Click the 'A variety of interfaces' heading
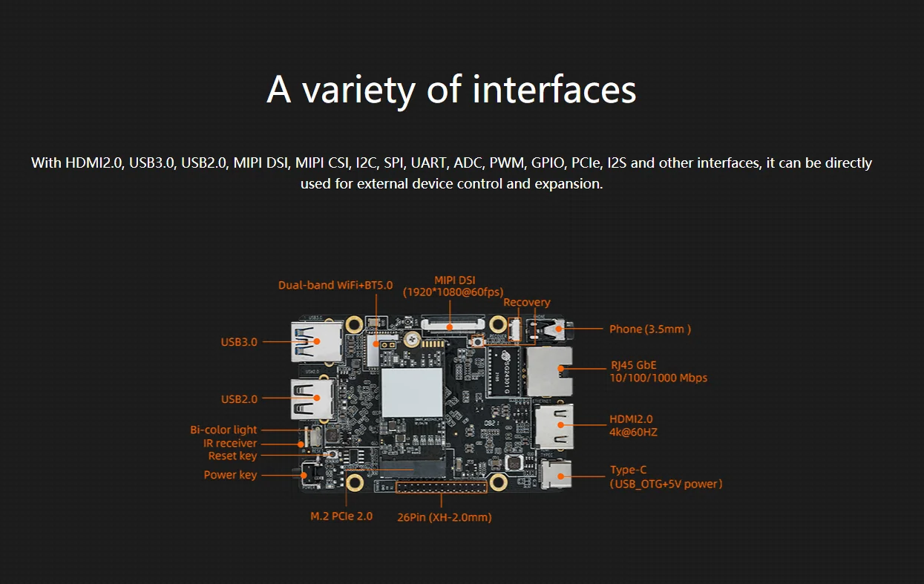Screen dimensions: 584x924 (x=451, y=90)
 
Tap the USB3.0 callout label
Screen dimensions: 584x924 (x=239, y=342)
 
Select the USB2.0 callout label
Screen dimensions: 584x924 (x=239, y=399)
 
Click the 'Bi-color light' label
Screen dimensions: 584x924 (x=223, y=430)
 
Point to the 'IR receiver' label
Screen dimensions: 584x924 (x=230, y=443)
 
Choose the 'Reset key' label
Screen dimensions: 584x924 (x=232, y=456)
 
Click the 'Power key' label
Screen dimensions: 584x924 (x=230, y=475)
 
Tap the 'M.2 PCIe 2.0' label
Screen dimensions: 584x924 (x=341, y=516)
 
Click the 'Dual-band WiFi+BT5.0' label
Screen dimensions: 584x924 (x=335, y=285)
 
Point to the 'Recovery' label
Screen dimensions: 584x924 (x=527, y=302)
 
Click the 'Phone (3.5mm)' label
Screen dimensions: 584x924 (x=650, y=329)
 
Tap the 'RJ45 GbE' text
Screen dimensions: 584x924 (x=633, y=364)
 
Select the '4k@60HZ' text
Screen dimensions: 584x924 (x=633, y=432)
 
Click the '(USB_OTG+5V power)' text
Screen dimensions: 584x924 (x=666, y=484)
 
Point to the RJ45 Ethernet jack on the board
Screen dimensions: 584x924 (x=549, y=369)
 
